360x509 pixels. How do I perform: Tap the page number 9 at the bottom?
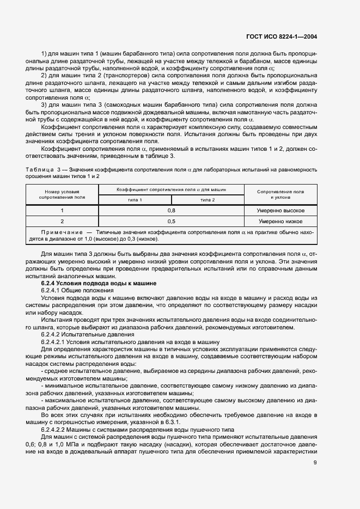coord(315,464)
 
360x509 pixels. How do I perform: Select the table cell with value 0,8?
coord(171,210)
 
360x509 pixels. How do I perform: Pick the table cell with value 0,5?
coord(171,222)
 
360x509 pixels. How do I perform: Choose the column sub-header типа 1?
coord(135,200)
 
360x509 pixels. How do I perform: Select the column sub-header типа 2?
coord(208,200)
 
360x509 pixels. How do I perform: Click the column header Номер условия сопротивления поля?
coord(62,195)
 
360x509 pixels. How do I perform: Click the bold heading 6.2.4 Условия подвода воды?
coord(99,284)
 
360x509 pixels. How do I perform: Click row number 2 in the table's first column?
coord(62,222)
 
